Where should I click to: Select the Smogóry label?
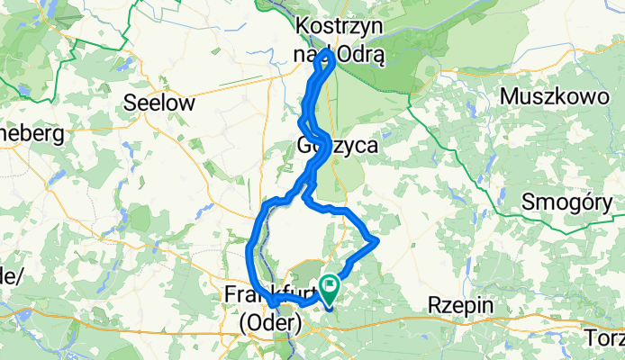coord(568,203)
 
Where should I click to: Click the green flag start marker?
coord(332,287)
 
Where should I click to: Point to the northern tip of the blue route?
coord(331,54)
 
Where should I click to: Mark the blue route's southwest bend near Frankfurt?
coord(267,309)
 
